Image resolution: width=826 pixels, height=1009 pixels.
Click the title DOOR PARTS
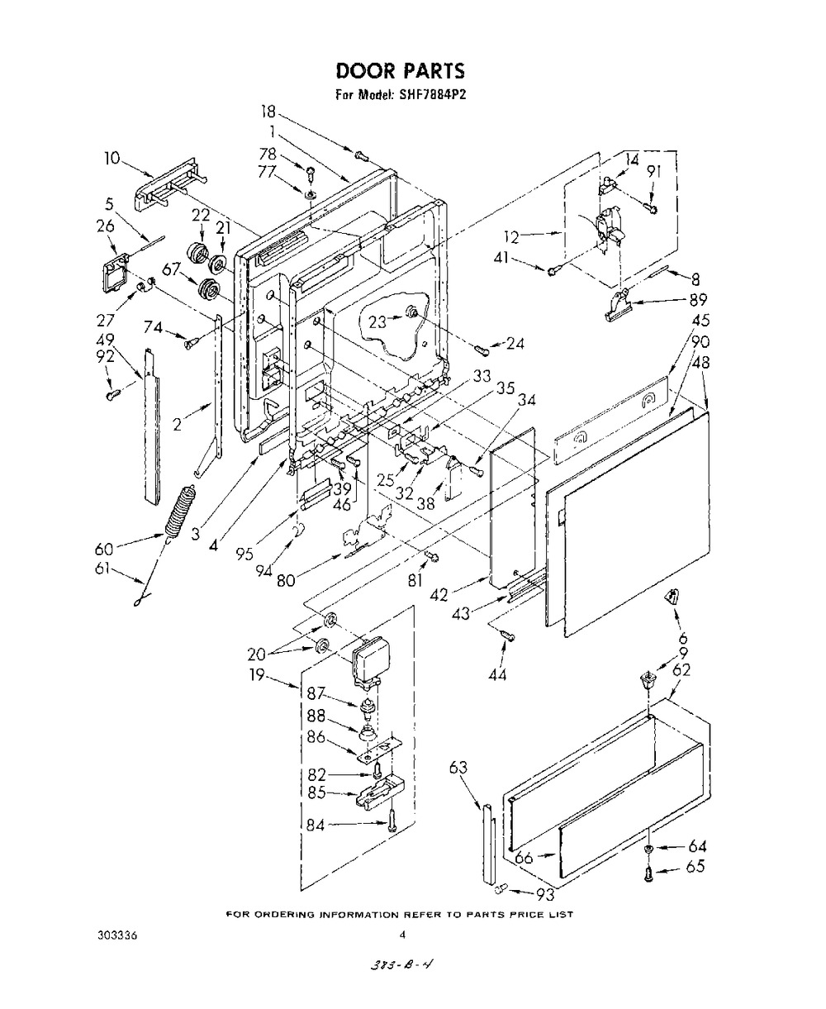pyautogui.click(x=400, y=71)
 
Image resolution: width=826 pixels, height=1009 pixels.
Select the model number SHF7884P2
pyautogui.click(x=428, y=95)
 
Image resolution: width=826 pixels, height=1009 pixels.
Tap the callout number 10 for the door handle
pyautogui.click(x=112, y=158)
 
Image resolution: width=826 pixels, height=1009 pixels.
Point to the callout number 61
pyautogui.click(x=102, y=569)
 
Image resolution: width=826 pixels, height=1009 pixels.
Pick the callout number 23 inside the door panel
pyautogui.click(x=377, y=322)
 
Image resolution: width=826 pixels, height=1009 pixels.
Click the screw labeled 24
pyautogui.click(x=482, y=350)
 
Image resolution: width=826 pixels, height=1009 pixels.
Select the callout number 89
pyautogui.click(x=698, y=300)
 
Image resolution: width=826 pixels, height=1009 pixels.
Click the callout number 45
pyautogui.click(x=700, y=320)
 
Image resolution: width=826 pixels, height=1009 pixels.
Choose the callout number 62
pyautogui.click(x=681, y=670)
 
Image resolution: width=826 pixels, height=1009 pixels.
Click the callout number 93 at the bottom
pyautogui.click(x=545, y=893)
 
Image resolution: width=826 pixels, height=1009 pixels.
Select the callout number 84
pyautogui.click(x=316, y=826)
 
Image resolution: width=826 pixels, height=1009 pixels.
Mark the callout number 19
pyautogui.click(x=256, y=674)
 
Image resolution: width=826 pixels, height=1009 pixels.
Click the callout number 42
pyautogui.click(x=439, y=595)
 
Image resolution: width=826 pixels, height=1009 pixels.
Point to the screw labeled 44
pyautogui.click(x=507, y=635)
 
